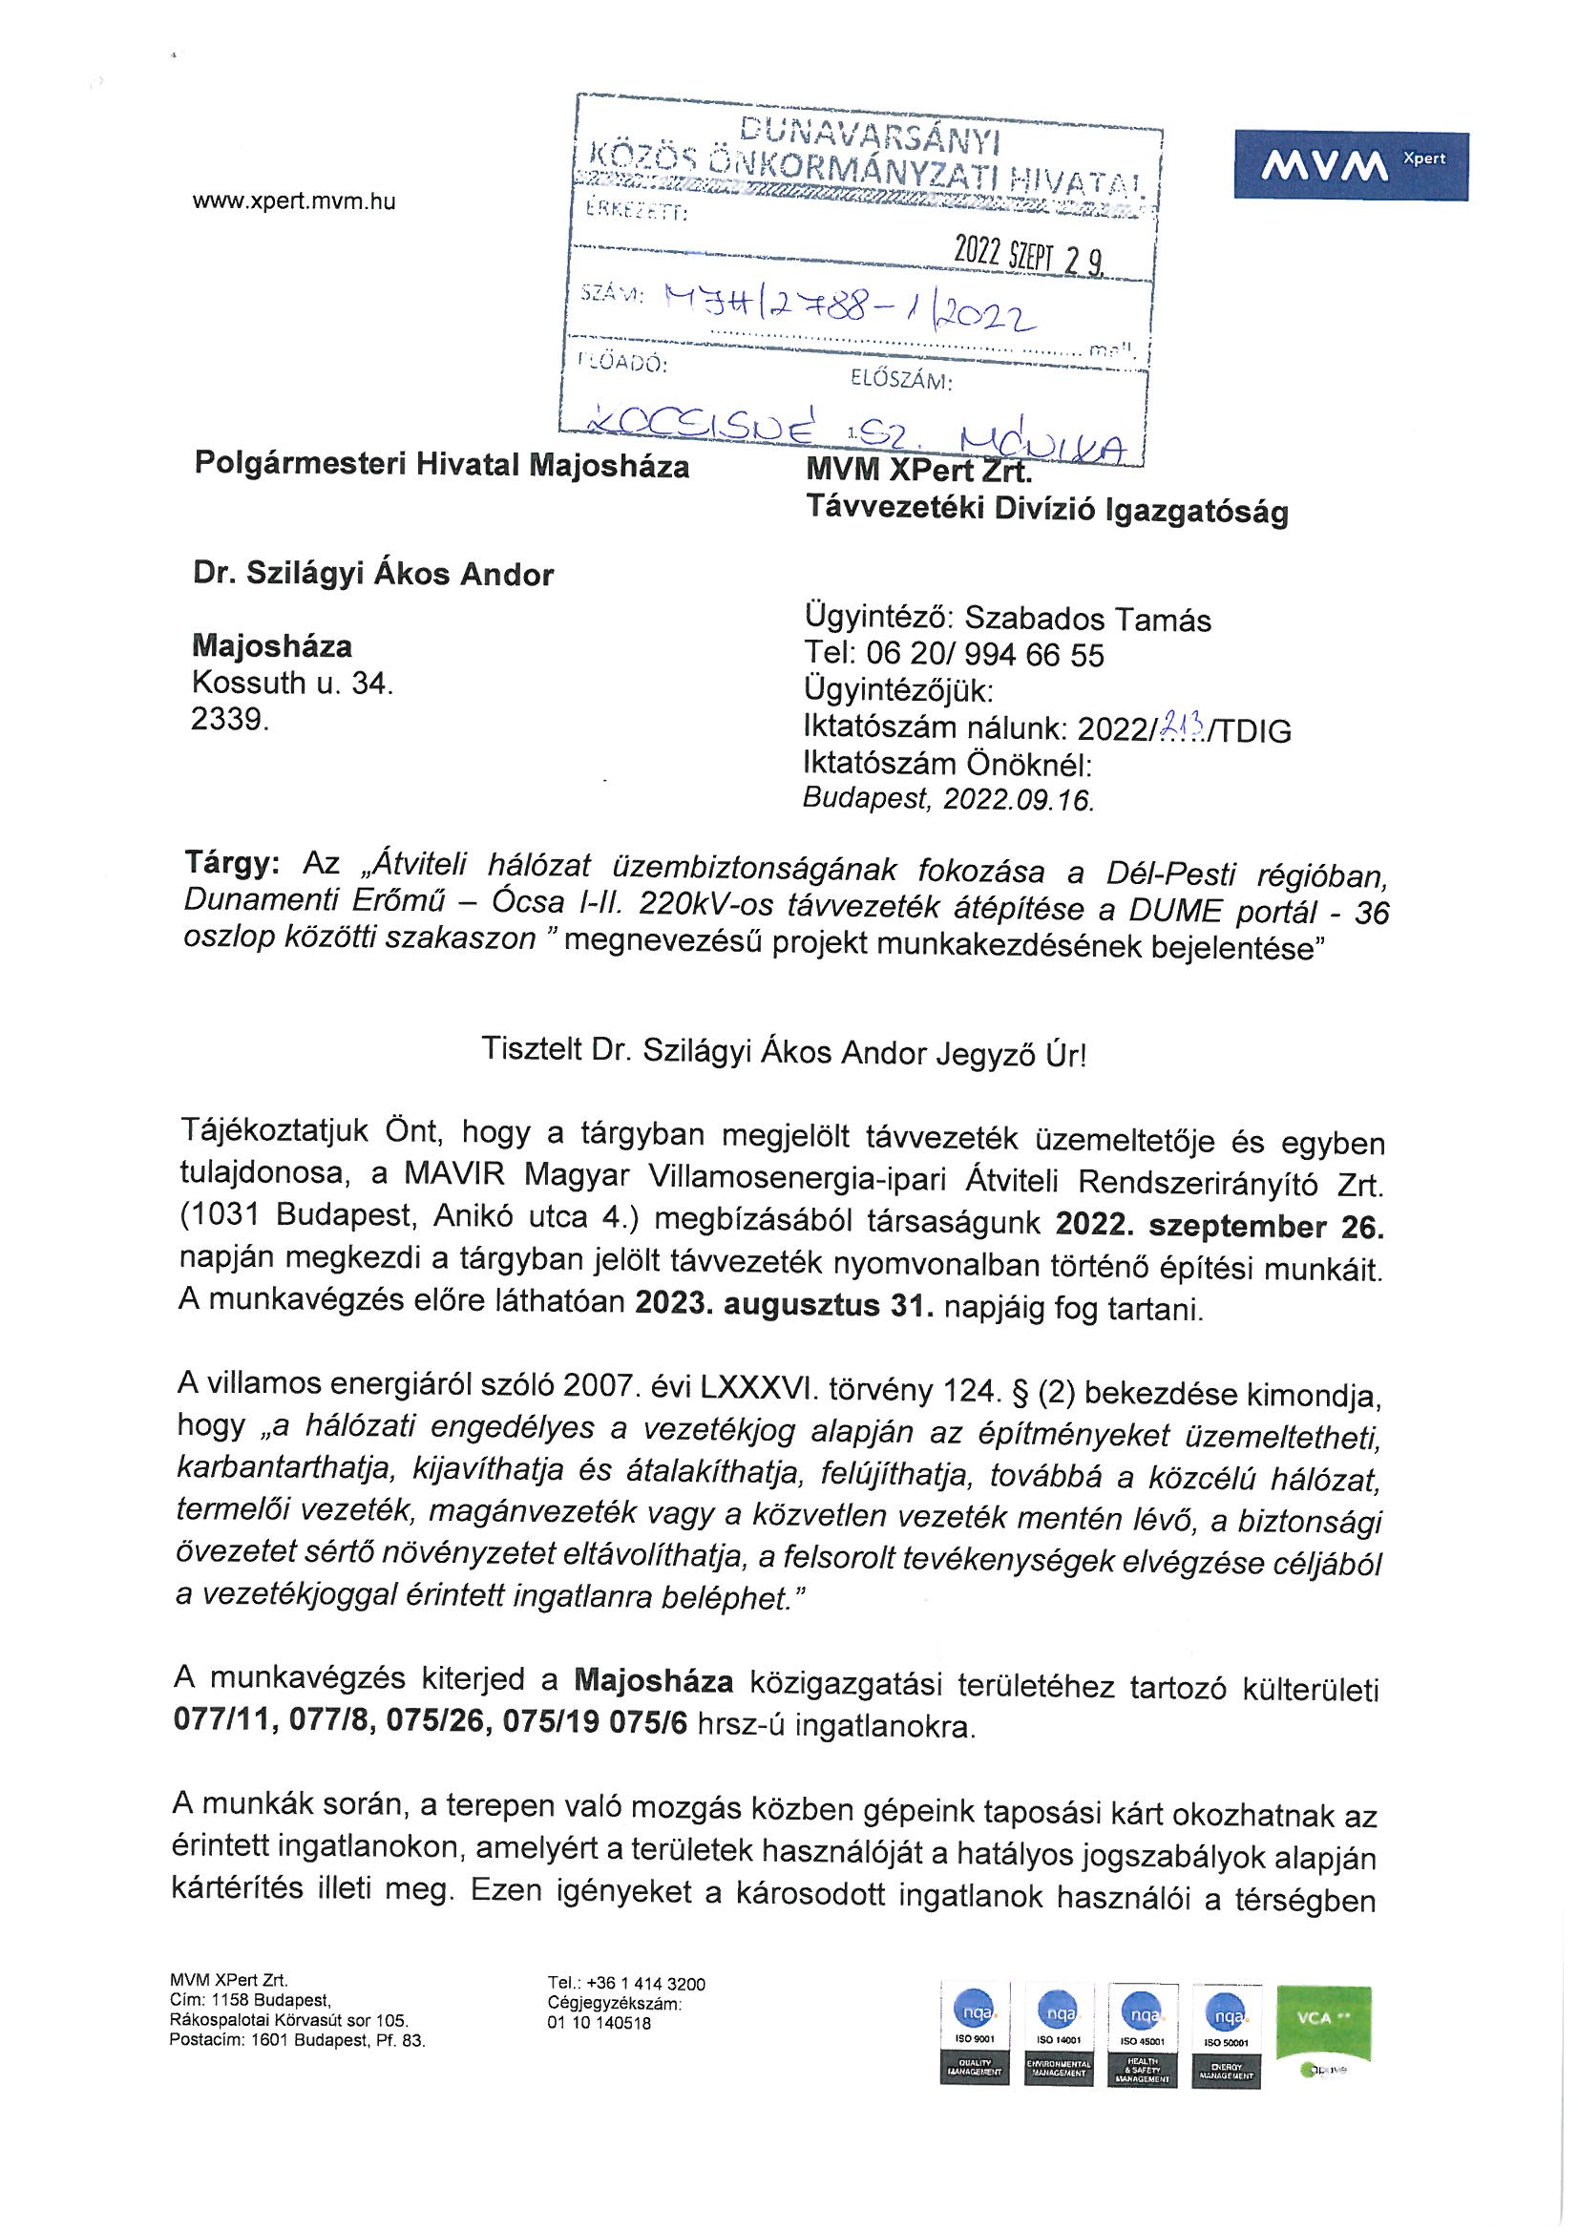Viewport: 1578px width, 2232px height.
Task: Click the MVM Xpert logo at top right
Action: point(1351,166)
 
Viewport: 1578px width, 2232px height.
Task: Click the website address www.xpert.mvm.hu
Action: point(294,202)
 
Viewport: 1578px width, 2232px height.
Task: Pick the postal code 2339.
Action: point(228,721)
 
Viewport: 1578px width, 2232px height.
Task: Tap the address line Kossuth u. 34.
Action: point(293,684)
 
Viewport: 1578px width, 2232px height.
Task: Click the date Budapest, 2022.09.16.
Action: point(948,799)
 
